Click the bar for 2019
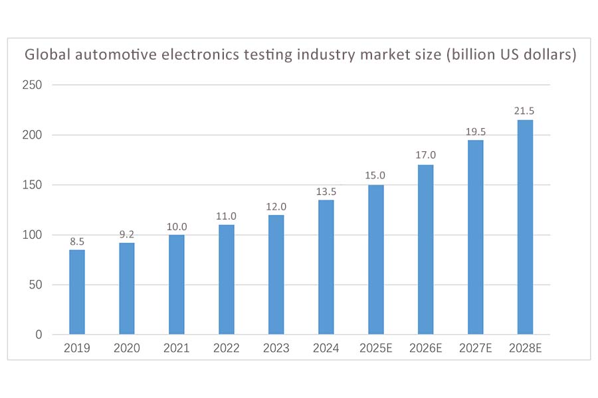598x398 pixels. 77,292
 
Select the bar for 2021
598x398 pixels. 177,285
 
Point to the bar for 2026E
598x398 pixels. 425,249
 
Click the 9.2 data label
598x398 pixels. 127,233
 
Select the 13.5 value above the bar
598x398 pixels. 326,191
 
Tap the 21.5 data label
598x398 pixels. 525,111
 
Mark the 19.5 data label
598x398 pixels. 475,131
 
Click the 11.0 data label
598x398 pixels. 227,216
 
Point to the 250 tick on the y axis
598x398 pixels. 34,85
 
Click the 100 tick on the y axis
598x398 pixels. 34,235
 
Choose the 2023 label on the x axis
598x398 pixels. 276,349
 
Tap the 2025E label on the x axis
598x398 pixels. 375,349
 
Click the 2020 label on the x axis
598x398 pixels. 127,349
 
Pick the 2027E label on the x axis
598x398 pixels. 475,349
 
